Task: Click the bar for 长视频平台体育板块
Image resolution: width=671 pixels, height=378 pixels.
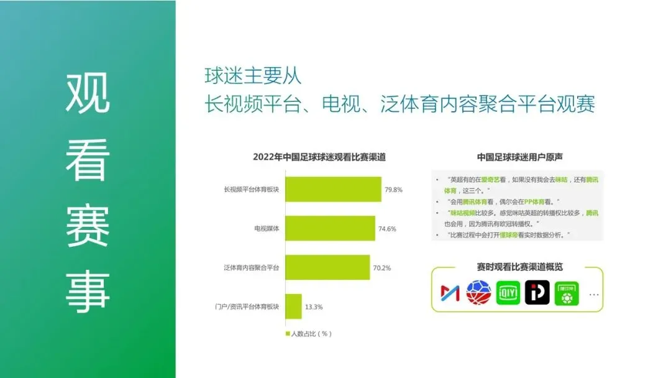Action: pos(333,189)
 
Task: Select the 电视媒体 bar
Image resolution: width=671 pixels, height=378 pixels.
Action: pos(330,228)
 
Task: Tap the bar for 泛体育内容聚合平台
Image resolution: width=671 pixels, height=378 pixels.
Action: pos(327,267)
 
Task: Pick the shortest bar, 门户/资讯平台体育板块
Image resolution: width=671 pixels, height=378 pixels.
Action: pos(293,307)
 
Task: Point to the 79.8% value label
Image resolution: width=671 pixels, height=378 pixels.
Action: pos(393,189)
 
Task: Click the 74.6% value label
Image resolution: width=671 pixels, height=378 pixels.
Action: pos(387,229)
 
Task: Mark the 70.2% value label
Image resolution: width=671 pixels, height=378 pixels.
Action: pos(382,268)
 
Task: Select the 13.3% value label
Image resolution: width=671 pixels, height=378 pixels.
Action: pos(314,307)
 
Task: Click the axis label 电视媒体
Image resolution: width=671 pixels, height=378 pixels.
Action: pos(267,229)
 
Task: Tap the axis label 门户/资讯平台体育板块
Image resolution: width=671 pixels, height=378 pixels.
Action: pos(251,307)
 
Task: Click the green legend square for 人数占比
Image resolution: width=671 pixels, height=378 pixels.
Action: pos(288,334)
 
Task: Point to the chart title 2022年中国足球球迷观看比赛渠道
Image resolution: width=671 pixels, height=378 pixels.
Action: pos(319,157)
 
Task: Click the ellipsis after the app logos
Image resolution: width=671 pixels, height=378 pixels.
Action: pos(594,293)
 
